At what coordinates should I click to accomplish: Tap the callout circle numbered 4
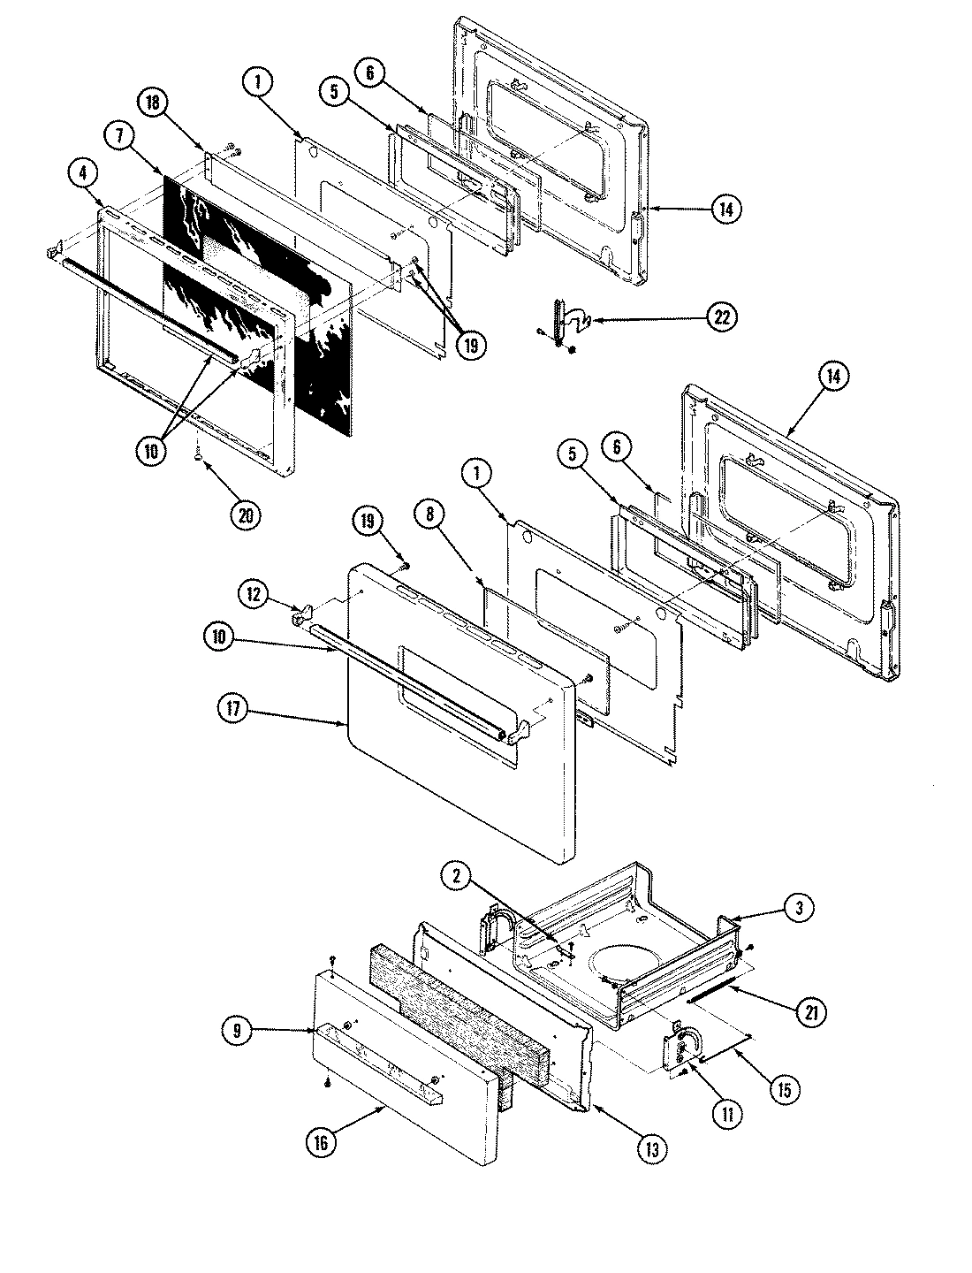point(82,176)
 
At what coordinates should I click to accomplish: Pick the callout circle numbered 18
point(153,103)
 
